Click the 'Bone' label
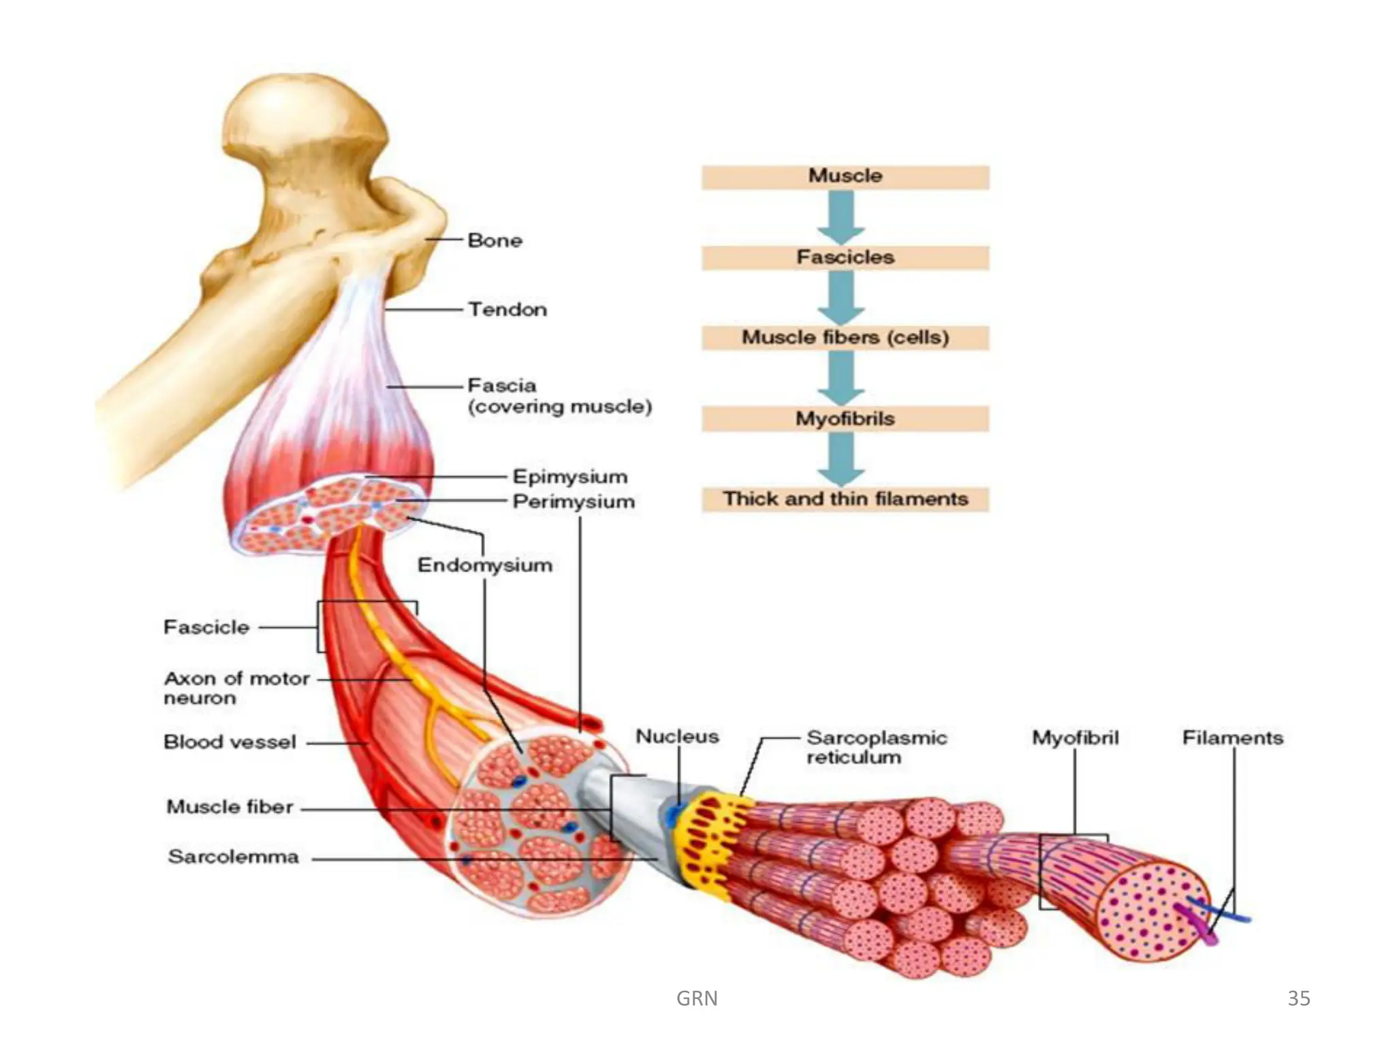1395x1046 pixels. tap(495, 240)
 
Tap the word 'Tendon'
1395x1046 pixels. tap(507, 310)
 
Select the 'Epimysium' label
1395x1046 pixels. tap(569, 477)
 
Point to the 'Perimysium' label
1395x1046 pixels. tap(574, 502)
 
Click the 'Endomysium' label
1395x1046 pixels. tap(484, 565)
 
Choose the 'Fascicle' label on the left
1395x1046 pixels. tap(206, 627)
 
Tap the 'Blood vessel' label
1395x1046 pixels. tap(230, 742)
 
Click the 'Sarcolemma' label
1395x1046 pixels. tap(233, 857)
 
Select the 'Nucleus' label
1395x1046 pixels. tap(677, 737)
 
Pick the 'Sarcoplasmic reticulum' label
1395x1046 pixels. tap(876, 747)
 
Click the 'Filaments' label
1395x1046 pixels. tap(1232, 738)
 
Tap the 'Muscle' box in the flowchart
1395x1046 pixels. tap(845, 176)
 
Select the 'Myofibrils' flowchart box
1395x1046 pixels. tap(845, 419)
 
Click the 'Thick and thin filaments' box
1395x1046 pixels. tap(845, 499)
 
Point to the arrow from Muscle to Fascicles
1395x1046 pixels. tap(842, 217)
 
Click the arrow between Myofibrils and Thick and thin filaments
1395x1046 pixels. tap(842, 458)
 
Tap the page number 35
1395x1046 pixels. tap(1298, 998)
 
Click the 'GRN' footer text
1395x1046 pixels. tap(697, 998)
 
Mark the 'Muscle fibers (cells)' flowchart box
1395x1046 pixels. tap(845, 338)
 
